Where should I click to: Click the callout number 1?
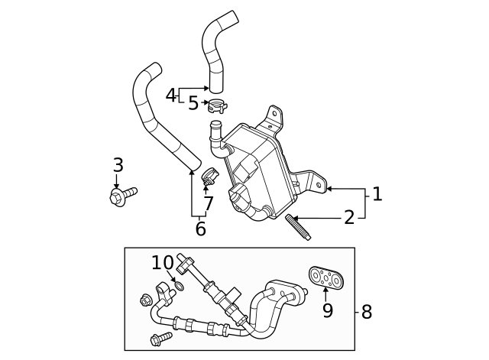click(x=376, y=194)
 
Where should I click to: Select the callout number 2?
click(x=349, y=218)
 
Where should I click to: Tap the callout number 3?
click(x=118, y=165)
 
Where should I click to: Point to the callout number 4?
click(x=171, y=96)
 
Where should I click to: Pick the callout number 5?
click(x=193, y=103)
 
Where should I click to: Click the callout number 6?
click(x=200, y=229)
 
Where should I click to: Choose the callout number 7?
click(x=208, y=204)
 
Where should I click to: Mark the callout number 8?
click(x=366, y=312)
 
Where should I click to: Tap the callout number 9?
click(x=327, y=311)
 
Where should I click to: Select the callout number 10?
click(x=163, y=263)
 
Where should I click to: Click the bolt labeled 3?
click(x=122, y=196)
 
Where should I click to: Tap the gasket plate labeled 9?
click(x=325, y=279)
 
